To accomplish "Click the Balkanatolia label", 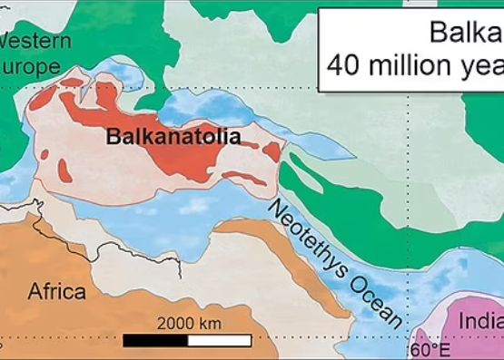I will click(x=173, y=138).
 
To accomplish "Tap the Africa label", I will click(x=56, y=291).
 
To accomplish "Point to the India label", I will click(x=480, y=321).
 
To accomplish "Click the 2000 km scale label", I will click(x=189, y=323).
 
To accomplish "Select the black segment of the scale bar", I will click(x=155, y=341).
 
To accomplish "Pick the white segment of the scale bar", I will click(x=219, y=341).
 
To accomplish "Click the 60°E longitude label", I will click(x=430, y=349).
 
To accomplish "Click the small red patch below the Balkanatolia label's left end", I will click(x=64, y=170).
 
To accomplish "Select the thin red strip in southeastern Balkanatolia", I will click(x=245, y=177).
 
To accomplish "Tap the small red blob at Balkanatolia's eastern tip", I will click(x=272, y=151).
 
